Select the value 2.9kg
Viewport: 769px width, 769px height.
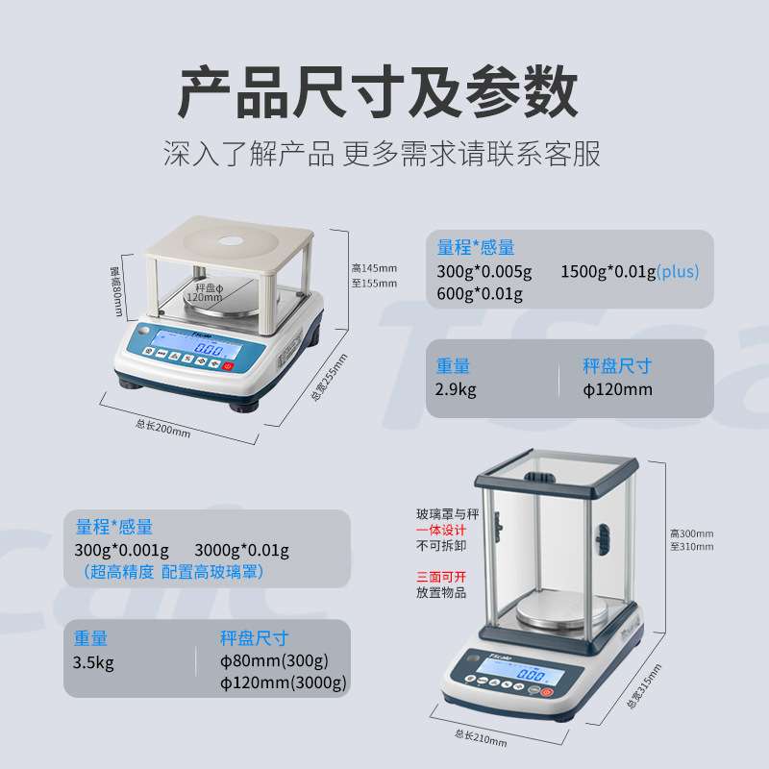pyautogui.click(x=456, y=389)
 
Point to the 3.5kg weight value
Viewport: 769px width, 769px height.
pyautogui.click(x=93, y=661)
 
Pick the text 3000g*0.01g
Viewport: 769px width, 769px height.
pyautogui.click(x=241, y=551)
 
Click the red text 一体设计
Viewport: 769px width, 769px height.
pyautogui.click(x=441, y=530)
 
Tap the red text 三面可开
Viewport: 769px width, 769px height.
pyautogui.click(x=441, y=577)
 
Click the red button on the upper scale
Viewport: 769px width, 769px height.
pyautogui.click(x=229, y=365)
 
